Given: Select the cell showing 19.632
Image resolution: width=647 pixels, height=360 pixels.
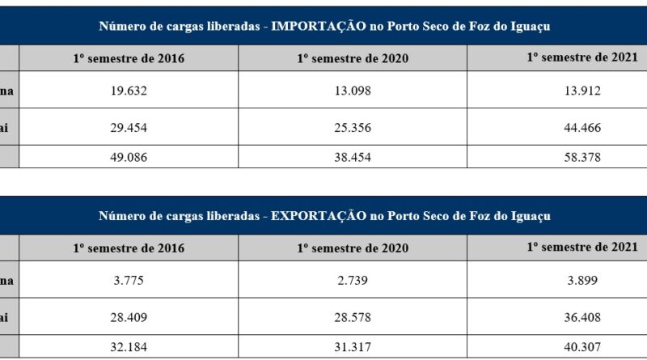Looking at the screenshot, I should (x=129, y=91).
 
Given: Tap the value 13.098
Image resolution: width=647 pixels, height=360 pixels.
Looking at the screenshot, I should (x=352, y=91).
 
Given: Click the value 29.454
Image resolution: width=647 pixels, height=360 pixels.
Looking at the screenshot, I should (x=129, y=127).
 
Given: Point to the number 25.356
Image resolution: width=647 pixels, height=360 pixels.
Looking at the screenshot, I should (x=352, y=127).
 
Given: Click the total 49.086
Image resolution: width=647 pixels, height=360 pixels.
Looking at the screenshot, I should (x=129, y=158).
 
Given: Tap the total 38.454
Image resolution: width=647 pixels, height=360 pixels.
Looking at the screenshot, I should (x=352, y=158).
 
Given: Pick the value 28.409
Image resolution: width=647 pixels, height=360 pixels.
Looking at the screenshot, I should (x=129, y=317).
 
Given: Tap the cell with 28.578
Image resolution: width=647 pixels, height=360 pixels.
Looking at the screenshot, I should (x=352, y=317).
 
